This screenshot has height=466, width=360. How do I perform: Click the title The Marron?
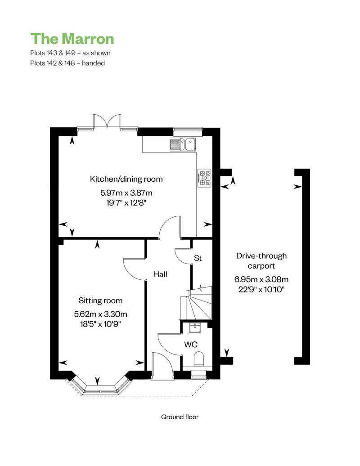coord(72,39)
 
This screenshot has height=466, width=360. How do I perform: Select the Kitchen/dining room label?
coord(126,179)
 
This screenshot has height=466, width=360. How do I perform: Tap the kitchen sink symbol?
coord(183,144)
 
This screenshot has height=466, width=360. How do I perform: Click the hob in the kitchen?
coord(205,178)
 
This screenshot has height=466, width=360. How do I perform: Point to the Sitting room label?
coord(100,300)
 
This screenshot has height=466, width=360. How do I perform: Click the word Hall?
coord(160,274)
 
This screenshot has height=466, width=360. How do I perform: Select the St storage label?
coord(198,258)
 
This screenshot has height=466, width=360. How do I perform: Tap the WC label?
coord(191,345)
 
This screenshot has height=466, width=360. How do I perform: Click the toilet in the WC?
coord(198,359)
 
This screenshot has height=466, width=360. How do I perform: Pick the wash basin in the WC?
coord(195,328)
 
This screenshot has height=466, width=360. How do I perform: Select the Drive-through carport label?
coord(261,260)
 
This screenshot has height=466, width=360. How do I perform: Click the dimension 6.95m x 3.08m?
coord(261,279)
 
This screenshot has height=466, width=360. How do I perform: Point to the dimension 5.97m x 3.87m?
coord(126,193)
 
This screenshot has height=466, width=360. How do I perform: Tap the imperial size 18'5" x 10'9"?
coord(100,324)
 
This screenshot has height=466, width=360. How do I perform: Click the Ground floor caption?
coord(180,417)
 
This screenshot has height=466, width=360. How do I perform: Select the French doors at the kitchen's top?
coord(107,121)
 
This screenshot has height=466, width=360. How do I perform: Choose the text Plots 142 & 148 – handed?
coord(67,63)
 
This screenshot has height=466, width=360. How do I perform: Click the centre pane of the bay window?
coord(100,389)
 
